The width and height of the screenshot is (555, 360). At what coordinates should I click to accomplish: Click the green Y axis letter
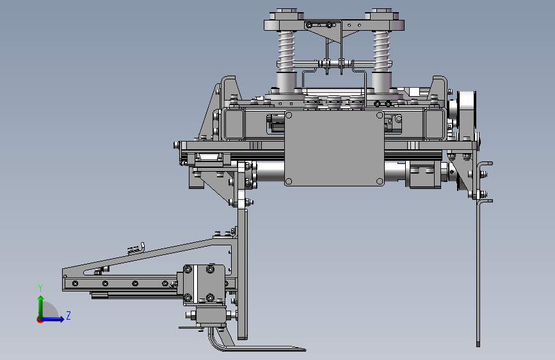40,288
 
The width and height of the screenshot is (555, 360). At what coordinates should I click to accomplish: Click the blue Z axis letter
68,315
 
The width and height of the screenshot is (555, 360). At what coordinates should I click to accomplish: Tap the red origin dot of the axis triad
40,320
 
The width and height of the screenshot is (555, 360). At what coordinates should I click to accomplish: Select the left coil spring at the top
286,49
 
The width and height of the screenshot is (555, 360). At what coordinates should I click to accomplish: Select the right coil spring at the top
382,49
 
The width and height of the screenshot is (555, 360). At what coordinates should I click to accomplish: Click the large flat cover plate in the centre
334,148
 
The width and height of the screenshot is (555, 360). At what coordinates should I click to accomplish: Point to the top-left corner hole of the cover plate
289,115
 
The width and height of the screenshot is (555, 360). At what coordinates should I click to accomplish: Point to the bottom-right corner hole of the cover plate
380,181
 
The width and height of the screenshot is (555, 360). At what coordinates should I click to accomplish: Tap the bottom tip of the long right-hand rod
478,345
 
